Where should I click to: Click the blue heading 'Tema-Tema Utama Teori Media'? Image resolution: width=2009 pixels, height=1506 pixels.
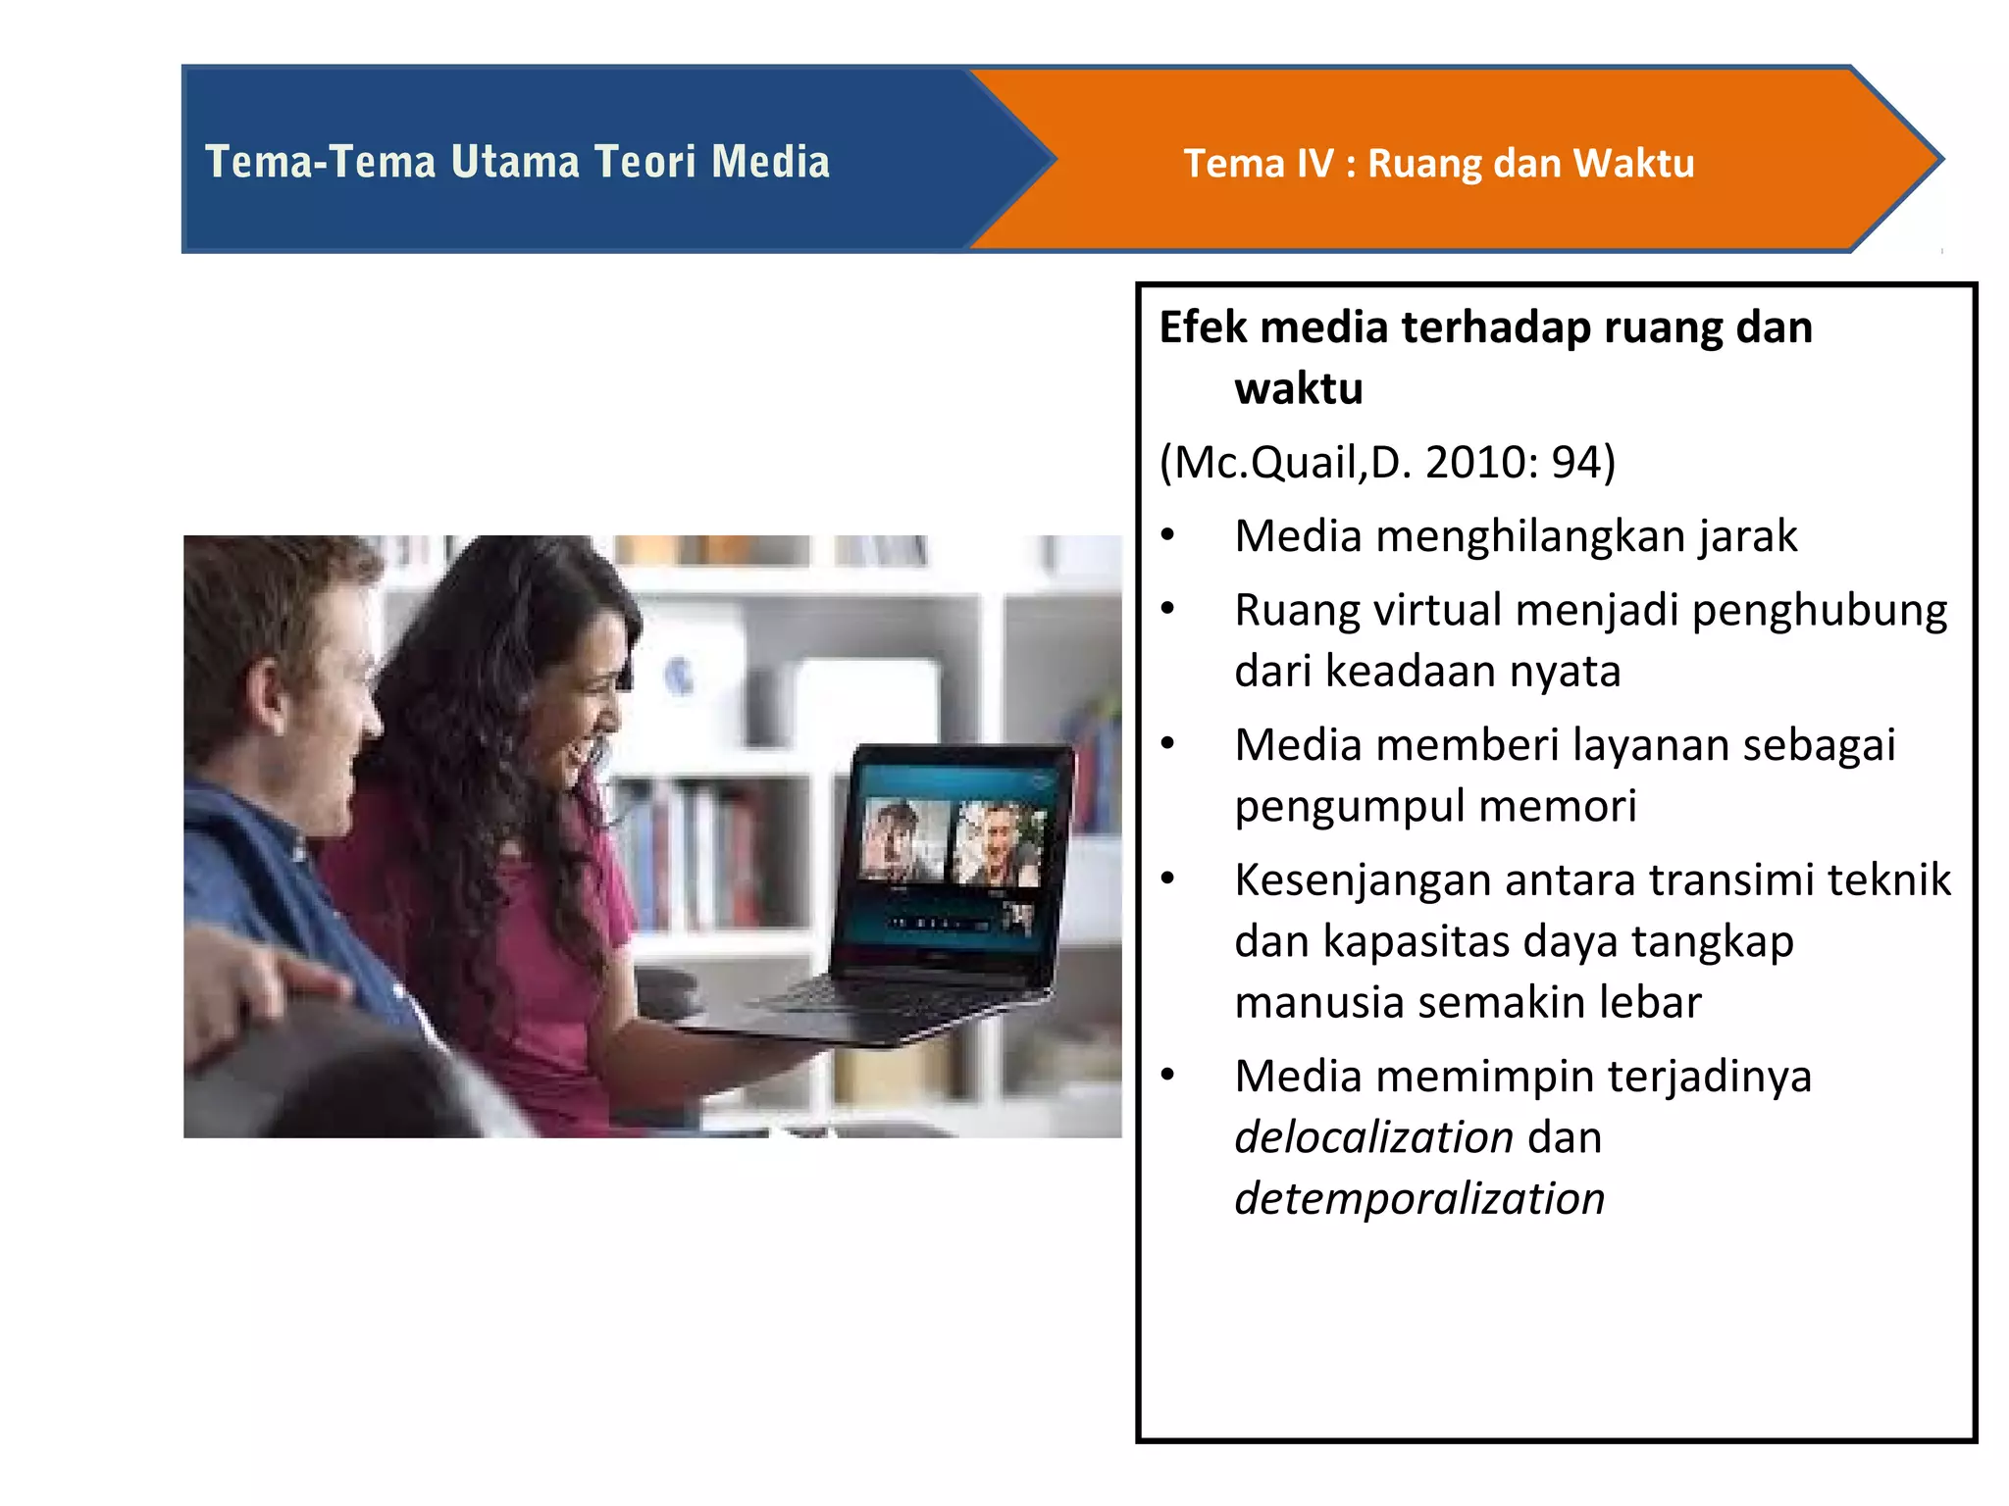coord(517,162)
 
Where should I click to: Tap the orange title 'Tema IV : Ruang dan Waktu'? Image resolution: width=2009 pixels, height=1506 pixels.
coord(1438,164)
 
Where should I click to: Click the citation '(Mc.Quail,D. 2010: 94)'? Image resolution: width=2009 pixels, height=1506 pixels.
coord(1387,462)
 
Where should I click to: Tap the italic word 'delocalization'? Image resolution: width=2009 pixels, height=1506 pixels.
coord(1373,1137)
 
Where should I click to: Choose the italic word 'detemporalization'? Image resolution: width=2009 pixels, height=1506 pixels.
coord(1419,1199)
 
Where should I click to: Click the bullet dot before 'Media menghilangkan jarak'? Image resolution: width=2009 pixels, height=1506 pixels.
coord(1167,535)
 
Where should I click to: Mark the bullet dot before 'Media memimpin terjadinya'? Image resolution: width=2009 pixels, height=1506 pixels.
coord(1167,1076)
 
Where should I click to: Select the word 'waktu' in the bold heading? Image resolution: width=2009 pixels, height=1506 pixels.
coord(1299,389)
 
